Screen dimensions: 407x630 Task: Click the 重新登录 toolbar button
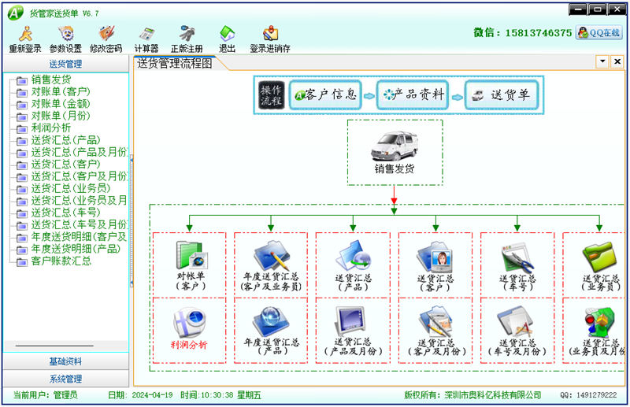[x=25, y=38]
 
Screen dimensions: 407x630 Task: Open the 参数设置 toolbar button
[x=65, y=38]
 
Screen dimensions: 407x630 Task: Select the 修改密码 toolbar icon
[x=106, y=38]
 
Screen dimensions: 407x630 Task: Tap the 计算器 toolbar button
[x=146, y=38]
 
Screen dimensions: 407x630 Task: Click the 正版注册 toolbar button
[x=186, y=38]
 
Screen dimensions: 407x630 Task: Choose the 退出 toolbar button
[x=227, y=38]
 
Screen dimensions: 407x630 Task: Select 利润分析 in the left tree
[x=51, y=128]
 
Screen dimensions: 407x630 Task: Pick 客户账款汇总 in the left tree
[x=61, y=260]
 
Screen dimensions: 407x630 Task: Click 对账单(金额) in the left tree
[x=60, y=103]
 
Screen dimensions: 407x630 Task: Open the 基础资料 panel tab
[x=65, y=362]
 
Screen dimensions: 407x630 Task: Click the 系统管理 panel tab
[x=65, y=379]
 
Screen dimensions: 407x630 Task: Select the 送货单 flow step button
[x=501, y=95]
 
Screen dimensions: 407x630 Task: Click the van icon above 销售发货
[x=394, y=146]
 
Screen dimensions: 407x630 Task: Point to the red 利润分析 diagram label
[x=189, y=344]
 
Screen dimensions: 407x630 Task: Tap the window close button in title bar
[x=617, y=9]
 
